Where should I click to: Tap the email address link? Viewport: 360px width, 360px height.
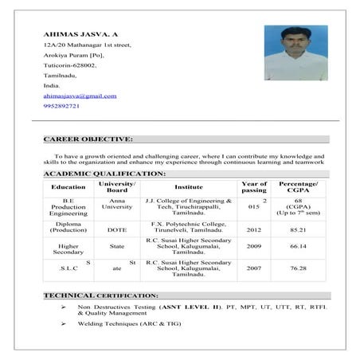click(x=80, y=96)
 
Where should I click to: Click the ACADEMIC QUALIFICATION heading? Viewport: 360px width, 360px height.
click(x=104, y=173)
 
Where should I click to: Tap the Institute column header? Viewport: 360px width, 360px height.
click(x=189, y=187)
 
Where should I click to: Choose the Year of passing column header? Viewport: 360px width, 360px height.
click(x=254, y=187)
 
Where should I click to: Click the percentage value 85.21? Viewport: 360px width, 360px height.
click(x=299, y=229)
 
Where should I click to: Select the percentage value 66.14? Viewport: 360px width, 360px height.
click(x=299, y=247)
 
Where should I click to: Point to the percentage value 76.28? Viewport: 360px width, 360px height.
click(x=299, y=268)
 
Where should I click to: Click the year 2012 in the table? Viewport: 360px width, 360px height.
click(x=254, y=229)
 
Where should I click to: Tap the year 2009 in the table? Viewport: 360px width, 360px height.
click(x=254, y=247)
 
